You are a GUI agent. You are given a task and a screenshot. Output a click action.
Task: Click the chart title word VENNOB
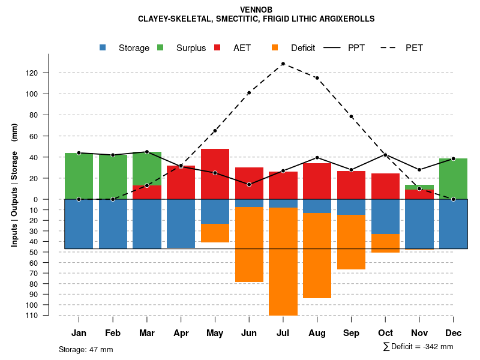tap(256, 10)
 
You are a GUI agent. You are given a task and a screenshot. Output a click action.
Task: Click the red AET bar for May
tap(215, 174)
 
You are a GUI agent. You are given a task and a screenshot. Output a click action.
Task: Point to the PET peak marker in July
tap(283, 64)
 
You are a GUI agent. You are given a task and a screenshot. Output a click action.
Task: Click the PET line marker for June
tap(249, 93)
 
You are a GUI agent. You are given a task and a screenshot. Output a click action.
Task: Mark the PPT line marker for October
tap(385, 155)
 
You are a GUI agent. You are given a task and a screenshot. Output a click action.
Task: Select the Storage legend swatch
tap(103, 47)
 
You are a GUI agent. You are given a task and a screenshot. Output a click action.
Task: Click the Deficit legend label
tap(302, 48)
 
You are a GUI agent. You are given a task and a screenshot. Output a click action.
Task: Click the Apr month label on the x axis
tap(181, 333)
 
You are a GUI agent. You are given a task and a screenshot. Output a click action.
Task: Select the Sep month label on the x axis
tap(351, 333)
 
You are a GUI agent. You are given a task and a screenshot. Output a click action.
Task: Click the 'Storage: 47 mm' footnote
tap(86, 349)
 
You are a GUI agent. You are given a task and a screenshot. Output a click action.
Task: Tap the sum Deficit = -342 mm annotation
tap(418, 346)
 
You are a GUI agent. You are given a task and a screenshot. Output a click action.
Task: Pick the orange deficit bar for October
tap(385, 243)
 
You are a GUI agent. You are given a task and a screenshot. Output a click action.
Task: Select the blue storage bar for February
tap(113, 223)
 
